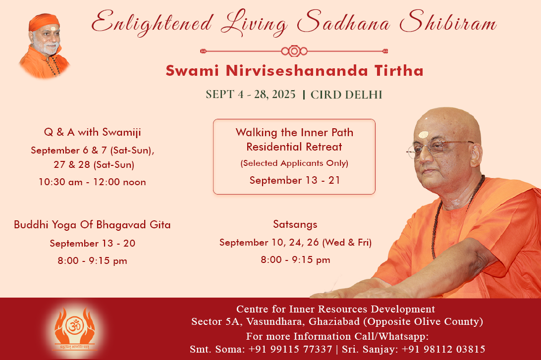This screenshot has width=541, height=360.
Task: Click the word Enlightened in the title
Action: [152, 23]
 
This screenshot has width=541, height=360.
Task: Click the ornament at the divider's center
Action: [294, 51]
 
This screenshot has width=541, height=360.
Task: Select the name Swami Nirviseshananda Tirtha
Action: [294, 71]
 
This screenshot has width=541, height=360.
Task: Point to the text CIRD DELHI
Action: [346, 95]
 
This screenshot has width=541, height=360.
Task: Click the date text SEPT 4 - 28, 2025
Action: [251, 95]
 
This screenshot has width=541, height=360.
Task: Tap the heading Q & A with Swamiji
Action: [93, 132]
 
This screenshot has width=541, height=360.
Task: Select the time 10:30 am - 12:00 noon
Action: [92, 182]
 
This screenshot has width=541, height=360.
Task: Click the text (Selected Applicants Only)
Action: [294, 163]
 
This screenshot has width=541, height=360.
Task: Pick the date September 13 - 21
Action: [295, 180]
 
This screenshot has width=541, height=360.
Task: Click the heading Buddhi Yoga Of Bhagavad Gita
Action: [92, 225]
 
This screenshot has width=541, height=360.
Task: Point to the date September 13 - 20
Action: [93, 244]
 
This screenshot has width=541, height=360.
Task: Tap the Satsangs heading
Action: [295, 224]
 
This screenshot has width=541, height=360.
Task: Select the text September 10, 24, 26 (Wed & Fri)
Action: [295, 243]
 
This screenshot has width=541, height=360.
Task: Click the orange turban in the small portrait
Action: [44, 22]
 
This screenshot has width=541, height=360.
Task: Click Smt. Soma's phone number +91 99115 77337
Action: [290, 349]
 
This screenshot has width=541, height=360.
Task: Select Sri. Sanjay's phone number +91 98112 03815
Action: [443, 349]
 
